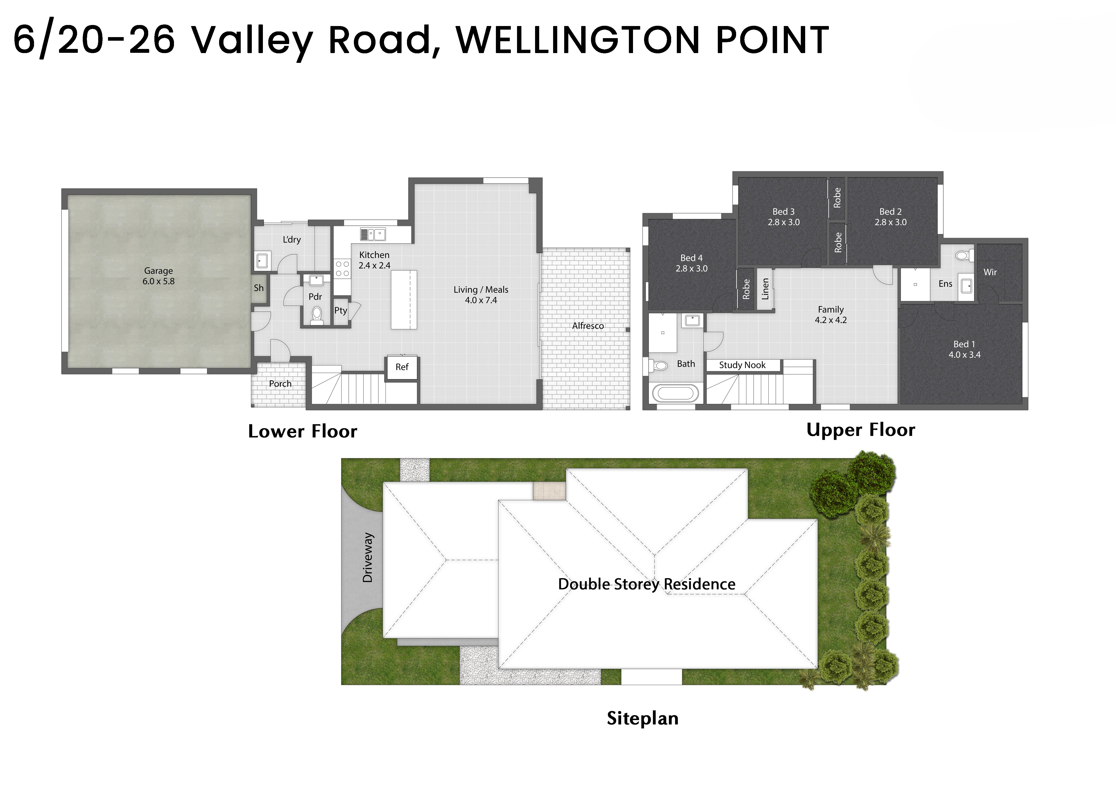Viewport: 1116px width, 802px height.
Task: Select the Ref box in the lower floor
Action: pyautogui.click(x=402, y=367)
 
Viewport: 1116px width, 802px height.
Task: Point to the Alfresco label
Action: pyautogui.click(x=588, y=326)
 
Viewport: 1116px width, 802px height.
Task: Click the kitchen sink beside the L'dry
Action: pyautogui.click(x=373, y=234)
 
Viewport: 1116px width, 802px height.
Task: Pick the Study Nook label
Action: pyautogui.click(x=742, y=365)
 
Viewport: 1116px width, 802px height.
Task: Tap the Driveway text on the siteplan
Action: pyautogui.click(x=368, y=558)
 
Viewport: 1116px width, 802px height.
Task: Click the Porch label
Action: pyautogui.click(x=280, y=384)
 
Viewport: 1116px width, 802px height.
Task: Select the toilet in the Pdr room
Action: pyautogui.click(x=317, y=315)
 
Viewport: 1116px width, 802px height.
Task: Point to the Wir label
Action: pyautogui.click(x=990, y=272)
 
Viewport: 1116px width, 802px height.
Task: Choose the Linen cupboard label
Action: pyautogui.click(x=765, y=289)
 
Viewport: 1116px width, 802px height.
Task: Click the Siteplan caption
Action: pyautogui.click(x=643, y=719)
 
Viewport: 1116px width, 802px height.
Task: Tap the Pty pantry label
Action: pyautogui.click(x=340, y=310)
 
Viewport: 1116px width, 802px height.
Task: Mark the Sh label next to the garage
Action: pyautogui.click(x=259, y=288)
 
